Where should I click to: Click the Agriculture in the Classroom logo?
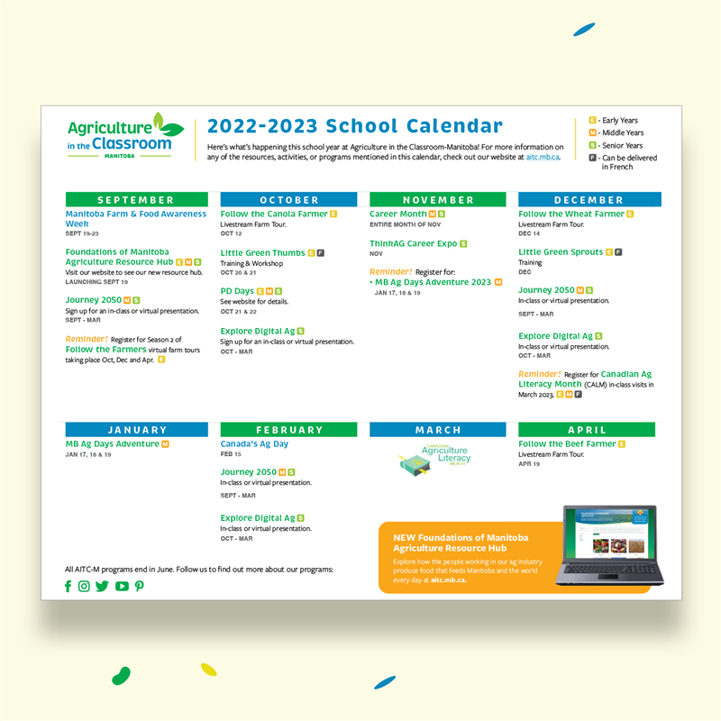coord(125,136)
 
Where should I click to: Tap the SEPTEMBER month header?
coord(136,199)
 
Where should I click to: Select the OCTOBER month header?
coord(289,199)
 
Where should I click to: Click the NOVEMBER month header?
coord(438,199)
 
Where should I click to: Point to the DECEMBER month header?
coord(589,199)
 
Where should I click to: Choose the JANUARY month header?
coord(136,430)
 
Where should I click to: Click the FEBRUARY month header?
coord(289,430)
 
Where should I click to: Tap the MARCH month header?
coord(438,430)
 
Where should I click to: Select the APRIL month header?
coord(587,430)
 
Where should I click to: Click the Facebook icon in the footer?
coord(68,586)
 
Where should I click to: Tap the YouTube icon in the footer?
coord(122,586)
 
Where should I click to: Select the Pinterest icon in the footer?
coord(139,586)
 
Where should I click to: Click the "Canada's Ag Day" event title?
coord(254,444)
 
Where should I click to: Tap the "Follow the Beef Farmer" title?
coord(567,444)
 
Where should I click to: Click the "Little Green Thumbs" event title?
coord(262,253)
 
